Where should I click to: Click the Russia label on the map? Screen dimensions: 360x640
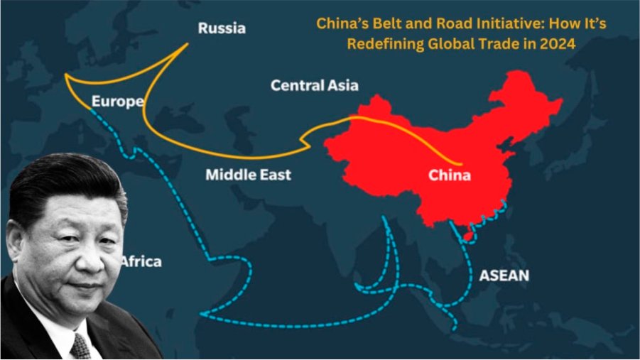(222, 29)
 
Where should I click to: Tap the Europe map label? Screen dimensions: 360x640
(117, 102)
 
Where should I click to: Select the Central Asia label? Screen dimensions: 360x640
(314, 86)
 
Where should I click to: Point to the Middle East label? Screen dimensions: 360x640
(248, 174)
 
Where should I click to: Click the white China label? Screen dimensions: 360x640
(449, 175)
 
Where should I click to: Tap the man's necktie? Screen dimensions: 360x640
(80, 346)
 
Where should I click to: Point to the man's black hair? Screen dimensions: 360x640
(64, 181)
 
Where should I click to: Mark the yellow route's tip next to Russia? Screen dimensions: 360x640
(188, 43)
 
